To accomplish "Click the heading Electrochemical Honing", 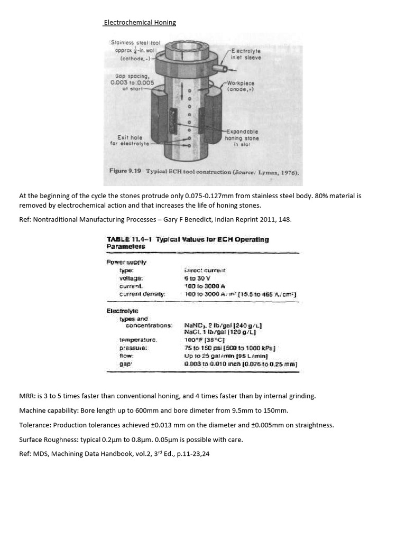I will (140, 23).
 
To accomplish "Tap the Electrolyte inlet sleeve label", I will (246, 54).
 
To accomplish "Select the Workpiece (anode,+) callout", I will (241, 86).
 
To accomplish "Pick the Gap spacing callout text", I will (132, 82).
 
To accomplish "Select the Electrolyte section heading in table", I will (123, 311).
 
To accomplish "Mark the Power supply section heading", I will (126, 262).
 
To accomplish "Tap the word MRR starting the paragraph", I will (26, 396).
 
